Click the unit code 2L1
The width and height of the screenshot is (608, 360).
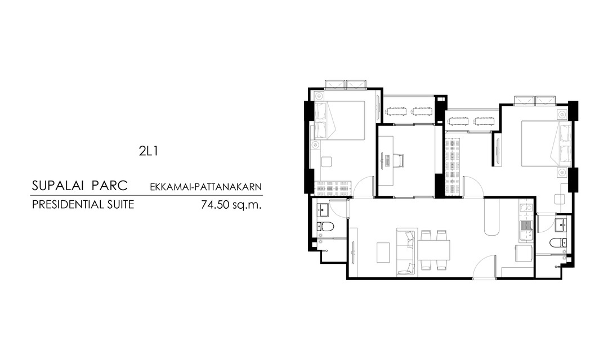click(x=149, y=151)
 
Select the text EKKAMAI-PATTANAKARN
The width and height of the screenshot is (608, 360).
click(x=206, y=187)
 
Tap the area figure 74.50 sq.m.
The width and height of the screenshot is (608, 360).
click(x=231, y=204)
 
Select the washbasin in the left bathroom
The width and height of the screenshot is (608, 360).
click(x=323, y=210)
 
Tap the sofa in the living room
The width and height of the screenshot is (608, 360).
click(x=406, y=252)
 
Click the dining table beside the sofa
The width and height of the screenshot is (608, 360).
click(x=434, y=250)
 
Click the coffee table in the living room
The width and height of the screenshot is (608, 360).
click(x=383, y=253)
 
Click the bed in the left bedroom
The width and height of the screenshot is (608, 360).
click(x=340, y=120)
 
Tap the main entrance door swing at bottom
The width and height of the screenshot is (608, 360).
click(x=484, y=266)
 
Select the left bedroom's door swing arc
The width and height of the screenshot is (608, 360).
click(x=363, y=186)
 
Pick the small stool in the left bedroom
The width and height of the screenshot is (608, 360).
click(x=327, y=161)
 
